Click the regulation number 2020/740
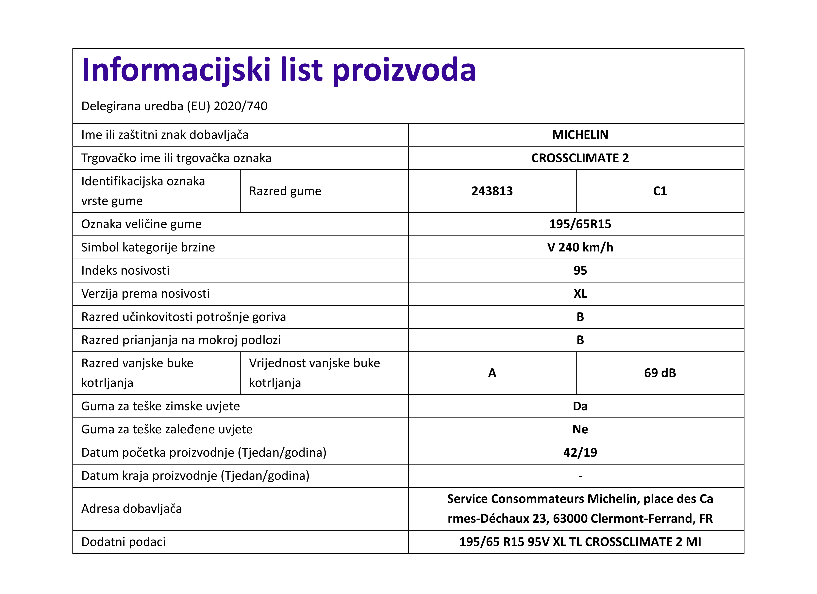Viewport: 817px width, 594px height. pyautogui.click(x=240, y=106)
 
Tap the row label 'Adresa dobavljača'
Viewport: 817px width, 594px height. pyautogui.click(x=131, y=509)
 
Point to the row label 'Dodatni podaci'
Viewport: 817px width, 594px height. pyautogui.click(x=123, y=542)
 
